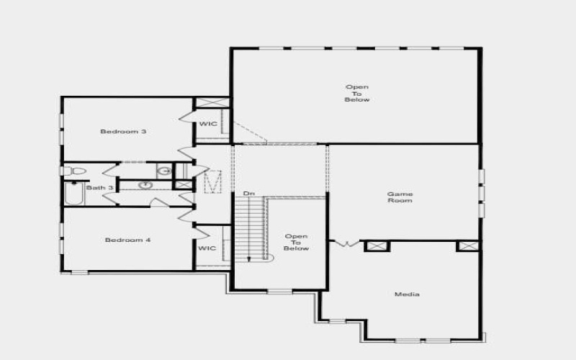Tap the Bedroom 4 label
coord(127,240)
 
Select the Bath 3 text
coord(99,188)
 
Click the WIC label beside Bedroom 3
coord(208,124)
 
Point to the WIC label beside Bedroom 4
coord(207,248)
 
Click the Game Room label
coord(400,197)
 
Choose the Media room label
coord(407,294)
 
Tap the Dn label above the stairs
coord(248,194)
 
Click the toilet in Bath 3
coord(74,171)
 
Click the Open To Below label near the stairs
coord(296,242)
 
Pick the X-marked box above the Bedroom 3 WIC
coord(212,103)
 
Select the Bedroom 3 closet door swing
coord(186,116)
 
